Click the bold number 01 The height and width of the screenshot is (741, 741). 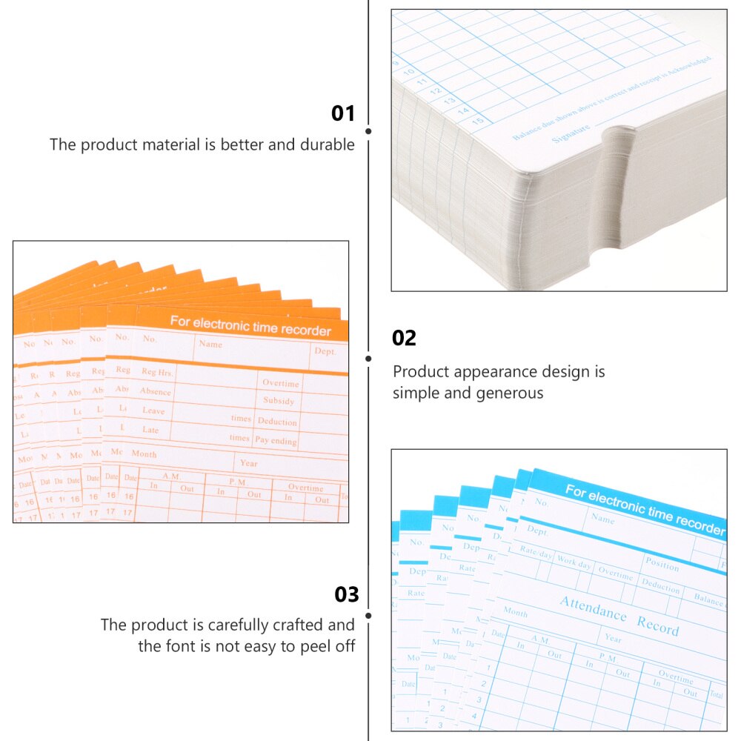pos(343,113)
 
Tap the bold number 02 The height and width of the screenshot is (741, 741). pos(404,338)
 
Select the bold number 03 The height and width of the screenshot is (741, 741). pos(346,594)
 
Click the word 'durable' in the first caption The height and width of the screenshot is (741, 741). pos(327,144)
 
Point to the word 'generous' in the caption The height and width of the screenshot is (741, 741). pos(509,393)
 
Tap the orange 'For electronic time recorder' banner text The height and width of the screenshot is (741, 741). pos(250,325)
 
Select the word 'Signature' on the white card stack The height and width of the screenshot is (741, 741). pos(571,133)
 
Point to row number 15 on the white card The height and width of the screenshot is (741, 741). pos(477,121)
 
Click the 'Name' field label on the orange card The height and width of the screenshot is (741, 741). pos(210,344)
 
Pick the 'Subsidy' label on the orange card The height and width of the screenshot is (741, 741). pos(279,401)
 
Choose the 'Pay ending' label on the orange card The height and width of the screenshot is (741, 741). pos(276,441)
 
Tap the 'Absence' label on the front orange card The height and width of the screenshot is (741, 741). pos(156,391)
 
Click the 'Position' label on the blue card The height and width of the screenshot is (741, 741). pos(662,565)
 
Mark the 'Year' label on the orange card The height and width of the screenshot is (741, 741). pos(249,463)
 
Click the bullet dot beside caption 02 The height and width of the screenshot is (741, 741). pos(368,359)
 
